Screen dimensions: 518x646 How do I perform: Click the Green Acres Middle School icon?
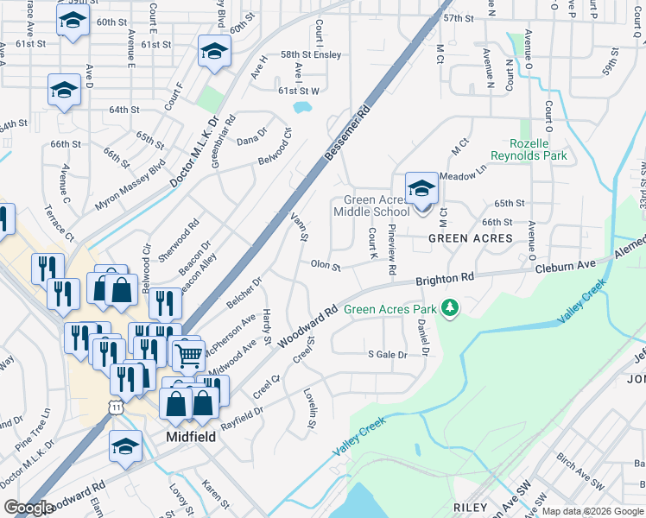[421, 188]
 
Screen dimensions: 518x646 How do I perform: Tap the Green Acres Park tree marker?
[449, 307]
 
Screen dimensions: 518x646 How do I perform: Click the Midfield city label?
[190, 437]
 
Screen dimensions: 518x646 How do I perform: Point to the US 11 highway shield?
[116, 407]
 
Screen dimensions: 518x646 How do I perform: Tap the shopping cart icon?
[188, 354]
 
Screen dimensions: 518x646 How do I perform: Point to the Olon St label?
[326, 265]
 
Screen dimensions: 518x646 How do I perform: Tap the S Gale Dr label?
[386, 354]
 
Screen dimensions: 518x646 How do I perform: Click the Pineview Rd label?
[392, 250]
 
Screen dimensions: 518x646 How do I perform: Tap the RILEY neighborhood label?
[470, 507]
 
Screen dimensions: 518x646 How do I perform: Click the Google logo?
[28, 508]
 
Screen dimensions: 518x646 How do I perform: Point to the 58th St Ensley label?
[311, 54]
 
